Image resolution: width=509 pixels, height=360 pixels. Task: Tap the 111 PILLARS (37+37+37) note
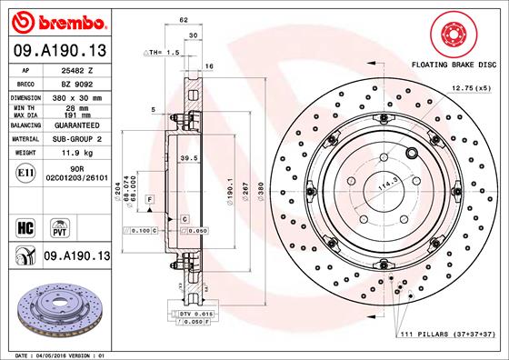[446, 336]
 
